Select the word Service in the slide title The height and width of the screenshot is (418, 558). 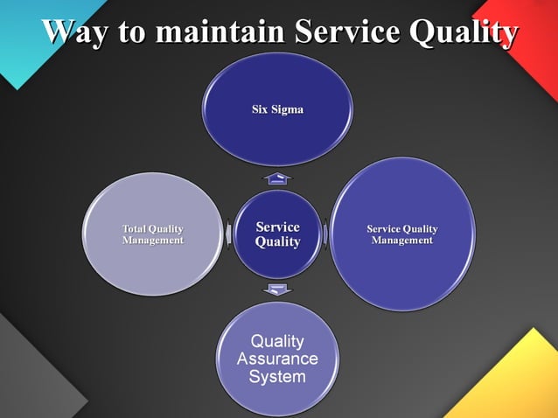coord(345,32)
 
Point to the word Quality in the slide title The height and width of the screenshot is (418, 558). coord(461,34)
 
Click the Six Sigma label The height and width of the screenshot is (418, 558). coord(277,110)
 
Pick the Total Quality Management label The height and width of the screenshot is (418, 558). coord(153,234)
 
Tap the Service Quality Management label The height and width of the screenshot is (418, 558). coord(402,234)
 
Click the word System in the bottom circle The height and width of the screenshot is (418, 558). coord(277,378)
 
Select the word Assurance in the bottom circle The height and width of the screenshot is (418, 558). coord(277,359)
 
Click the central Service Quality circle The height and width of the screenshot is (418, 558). coord(277,234)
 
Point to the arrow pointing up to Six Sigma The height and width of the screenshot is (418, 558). coord(277,178)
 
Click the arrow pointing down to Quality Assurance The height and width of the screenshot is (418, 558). coord(277,289)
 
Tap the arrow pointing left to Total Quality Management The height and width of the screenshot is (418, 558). coord(228,234)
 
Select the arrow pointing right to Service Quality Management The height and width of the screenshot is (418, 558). coord(326,234)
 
